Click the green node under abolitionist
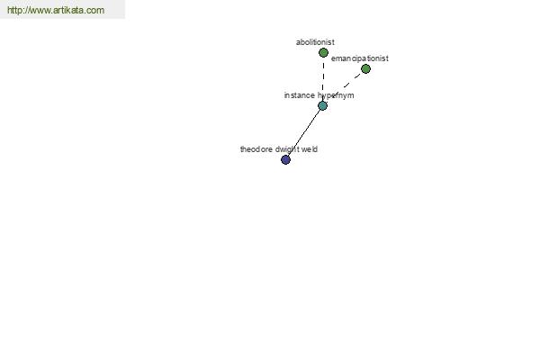pyautogui.click(x=323, y=53)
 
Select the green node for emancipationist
pyautogui.click(x=365, y=69)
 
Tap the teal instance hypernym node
pyautogui.click(x=323, y=106)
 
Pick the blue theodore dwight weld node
pyautogui.click(x=285, y=159)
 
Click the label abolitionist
pyautogui.click(x=315, y=42)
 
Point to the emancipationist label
pyautogui.click(x=360, y=58)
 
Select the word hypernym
pyautogui.click(x=336, y=95)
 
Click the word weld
pyautogui.click(x=310, y=149)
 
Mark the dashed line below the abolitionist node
pyautogui.click(x=323, y=79)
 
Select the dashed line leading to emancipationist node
pyautogui.click(x=345, y=87)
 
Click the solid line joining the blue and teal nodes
pyautogui.click(x=304, y=132)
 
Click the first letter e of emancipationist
pyautogui.click(x=333, y=58)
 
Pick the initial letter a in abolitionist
pyautogui.click(x=298, y=42)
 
